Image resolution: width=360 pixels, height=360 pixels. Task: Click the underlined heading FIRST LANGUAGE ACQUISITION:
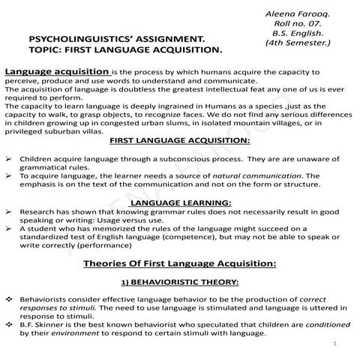click(180, 141)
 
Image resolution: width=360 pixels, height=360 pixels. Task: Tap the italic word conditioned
click(308, 325)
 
